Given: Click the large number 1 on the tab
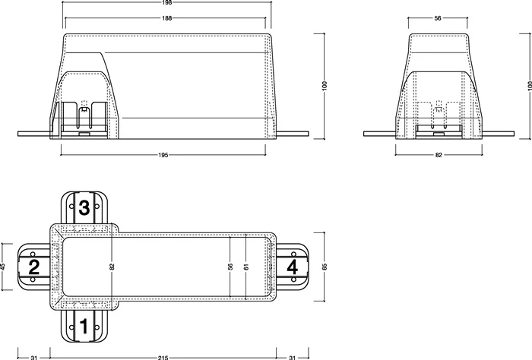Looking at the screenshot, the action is click(84, 326).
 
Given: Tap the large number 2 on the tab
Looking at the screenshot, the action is click(34, 267).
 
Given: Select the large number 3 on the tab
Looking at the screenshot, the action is click(84, 207).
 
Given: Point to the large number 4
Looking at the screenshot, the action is click(292, 267).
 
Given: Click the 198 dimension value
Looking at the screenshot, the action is click(167, 2).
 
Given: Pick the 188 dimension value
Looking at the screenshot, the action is click(167, 18).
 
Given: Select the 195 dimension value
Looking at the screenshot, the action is click(163, 155).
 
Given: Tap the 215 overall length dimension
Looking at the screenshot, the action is click(163, 357).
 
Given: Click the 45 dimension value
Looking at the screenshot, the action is click(3, 267).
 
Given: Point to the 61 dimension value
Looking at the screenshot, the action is click(246, 267).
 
